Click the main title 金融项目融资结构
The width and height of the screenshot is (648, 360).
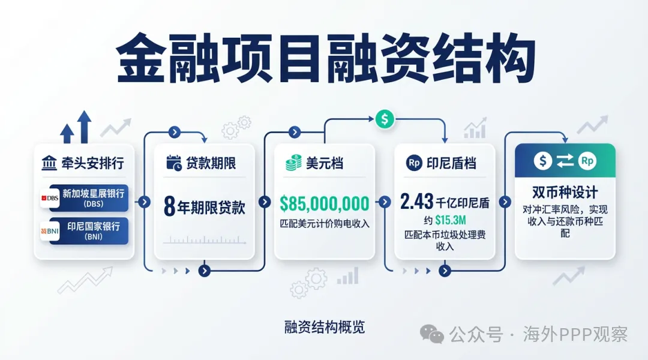pos(325,58)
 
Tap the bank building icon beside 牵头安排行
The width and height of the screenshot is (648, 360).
pos(50,163)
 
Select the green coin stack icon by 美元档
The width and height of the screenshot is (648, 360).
pos(293,163)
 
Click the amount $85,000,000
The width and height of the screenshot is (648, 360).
pos(325,204)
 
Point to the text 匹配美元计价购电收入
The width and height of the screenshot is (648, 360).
pos(325,224)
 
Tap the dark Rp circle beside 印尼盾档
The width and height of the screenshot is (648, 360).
pos(414,163)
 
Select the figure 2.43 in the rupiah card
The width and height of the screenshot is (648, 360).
pos(416,202)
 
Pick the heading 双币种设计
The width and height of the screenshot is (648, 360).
pos(565,193)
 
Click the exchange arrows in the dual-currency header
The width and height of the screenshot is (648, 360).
pos(565,161)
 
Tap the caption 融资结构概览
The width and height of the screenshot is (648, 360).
pos(324,328)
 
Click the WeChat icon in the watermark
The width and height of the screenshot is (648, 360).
pos(432,334)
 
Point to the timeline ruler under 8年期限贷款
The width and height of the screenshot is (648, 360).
pos(205,240)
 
